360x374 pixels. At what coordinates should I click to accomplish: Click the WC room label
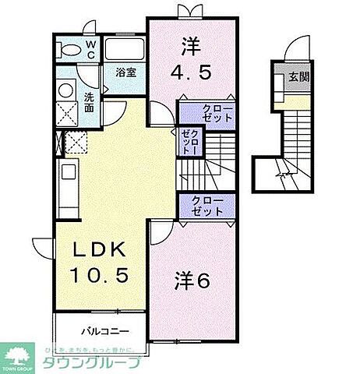click(x=90, y=51)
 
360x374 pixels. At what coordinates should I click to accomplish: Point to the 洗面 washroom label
click(x=90, y=101)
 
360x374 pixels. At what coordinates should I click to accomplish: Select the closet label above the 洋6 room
click(x=207, y=206)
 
